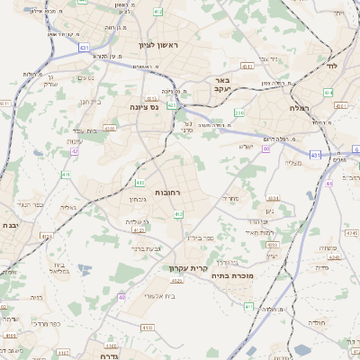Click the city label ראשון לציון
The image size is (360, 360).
tap(159, 46)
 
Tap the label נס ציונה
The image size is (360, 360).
tap(143, 107)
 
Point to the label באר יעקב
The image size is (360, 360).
tap(224, 85)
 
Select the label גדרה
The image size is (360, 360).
tap(106, 344)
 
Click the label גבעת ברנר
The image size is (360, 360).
tap(145, 248)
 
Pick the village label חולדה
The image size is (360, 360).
tap(318, 322)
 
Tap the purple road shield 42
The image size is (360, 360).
tap(75, 151)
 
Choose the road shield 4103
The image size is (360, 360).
tap(109, 129)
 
